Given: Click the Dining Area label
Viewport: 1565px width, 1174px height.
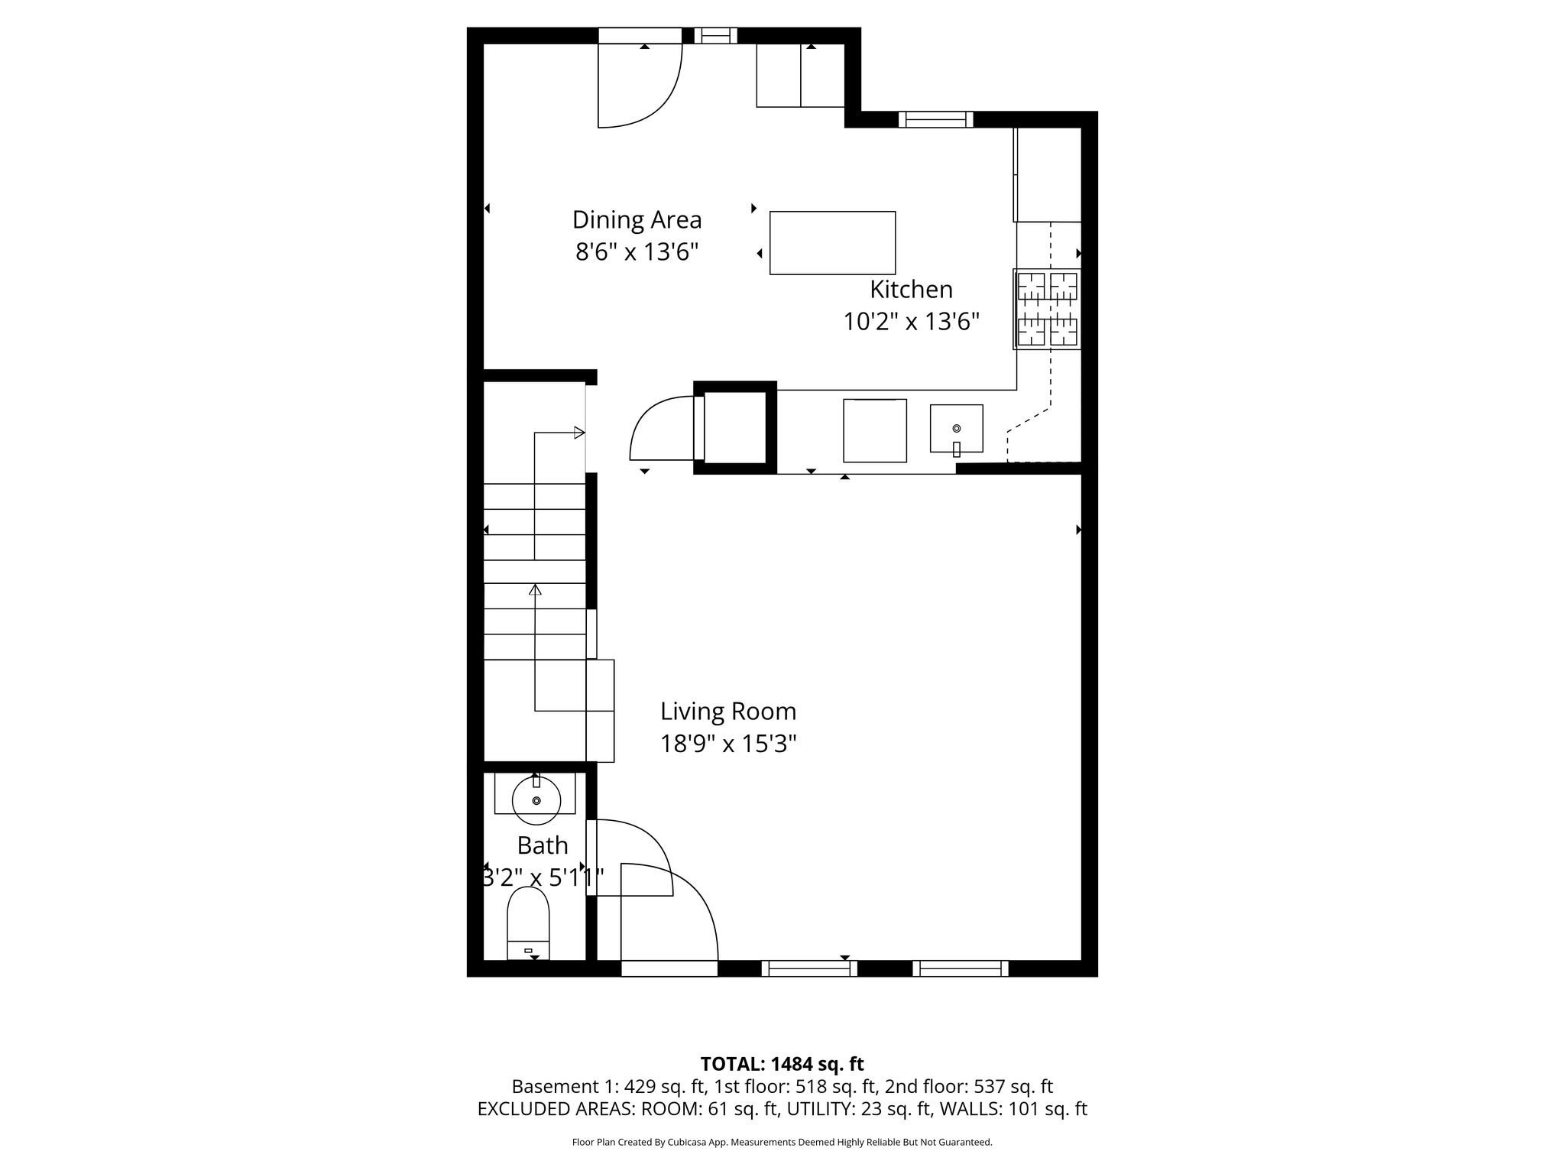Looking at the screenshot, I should [637, 220].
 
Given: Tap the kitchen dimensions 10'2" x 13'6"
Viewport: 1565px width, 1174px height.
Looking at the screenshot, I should [911, 322].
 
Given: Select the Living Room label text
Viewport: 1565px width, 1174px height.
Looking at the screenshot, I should [727, 712].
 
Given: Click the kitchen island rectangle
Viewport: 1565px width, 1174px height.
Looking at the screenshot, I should [832, 243].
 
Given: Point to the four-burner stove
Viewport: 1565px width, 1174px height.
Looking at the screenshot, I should [1047, 309].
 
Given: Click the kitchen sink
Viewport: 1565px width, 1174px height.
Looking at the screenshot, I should [956, 429].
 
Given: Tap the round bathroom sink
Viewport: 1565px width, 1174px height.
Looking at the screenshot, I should [536, 799].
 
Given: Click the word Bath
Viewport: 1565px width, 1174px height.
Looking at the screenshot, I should [543, 845].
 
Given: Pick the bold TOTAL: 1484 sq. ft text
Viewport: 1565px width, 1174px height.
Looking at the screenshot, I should [782, 1064].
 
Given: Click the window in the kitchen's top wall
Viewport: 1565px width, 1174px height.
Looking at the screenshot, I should [935, 119].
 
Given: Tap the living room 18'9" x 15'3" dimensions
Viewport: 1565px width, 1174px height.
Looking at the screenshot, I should [728, 744].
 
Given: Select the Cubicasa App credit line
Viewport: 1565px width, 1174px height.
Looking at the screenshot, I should [782, 1143].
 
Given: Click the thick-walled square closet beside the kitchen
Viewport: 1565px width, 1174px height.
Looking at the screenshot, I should [734, 428].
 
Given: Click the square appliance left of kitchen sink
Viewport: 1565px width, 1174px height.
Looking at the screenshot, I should [874, 430].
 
